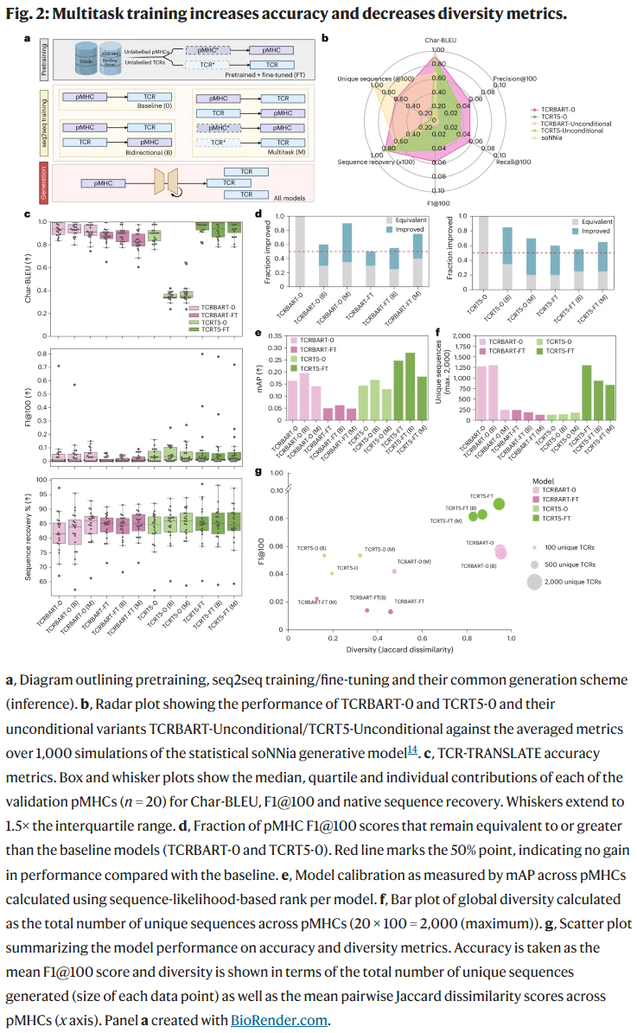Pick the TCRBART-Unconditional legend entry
click(x=576, y=124)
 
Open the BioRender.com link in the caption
click(x=278, y=1019)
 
